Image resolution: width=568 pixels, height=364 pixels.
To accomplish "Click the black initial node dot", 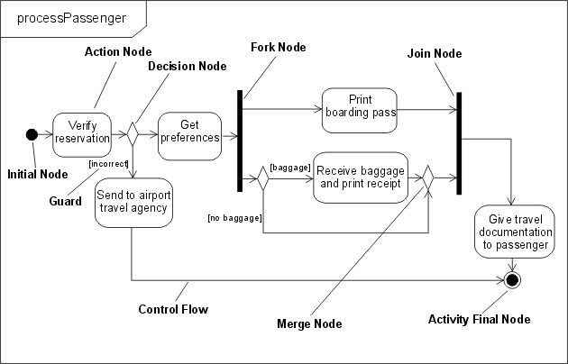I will pyautogui.click(x=32, y=134).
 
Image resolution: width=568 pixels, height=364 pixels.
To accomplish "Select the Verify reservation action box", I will pyautogui.click(x=82, y=132).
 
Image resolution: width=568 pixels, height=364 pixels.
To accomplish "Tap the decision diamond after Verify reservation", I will pyautogui.click(x=132, y=134).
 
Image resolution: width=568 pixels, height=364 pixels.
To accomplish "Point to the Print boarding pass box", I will pyautogui.click(x=359, y=105).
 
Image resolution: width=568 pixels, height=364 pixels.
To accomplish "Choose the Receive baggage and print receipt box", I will pyautogui.click(x=360, y=177).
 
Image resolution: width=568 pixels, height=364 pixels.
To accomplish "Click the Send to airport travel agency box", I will pyautogui.click(x=133, y=202).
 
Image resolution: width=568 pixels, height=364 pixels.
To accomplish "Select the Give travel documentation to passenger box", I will pyautogui.click(x=514, y=232).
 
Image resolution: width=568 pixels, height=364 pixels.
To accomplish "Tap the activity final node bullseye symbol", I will pyautogui.click(x=514, y=279).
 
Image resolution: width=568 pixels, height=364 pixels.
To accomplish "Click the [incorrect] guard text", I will pyautogui.click(x=106, y=163).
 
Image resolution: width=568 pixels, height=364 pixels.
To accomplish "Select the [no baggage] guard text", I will pyautogui.click(x=234, y=218).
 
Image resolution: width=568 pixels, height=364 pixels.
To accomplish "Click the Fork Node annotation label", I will pyautogui.click(x=279, y=47).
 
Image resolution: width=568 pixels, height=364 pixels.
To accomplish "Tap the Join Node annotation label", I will pyautogui.click(x=435, y=54).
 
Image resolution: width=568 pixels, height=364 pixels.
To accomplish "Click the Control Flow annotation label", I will pyautogui.click(x=173, y=310).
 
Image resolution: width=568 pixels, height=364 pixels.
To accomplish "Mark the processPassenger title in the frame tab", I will pyautogui.click(x=71, y=18).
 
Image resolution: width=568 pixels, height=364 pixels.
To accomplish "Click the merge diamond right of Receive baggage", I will pyautogui.click(x=428, y=177).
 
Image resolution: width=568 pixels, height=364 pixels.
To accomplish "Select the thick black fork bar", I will pyautogui.click(x=241, y=141).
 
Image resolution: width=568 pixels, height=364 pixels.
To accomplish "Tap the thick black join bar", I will pyautogui.click(x=459, y=142).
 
